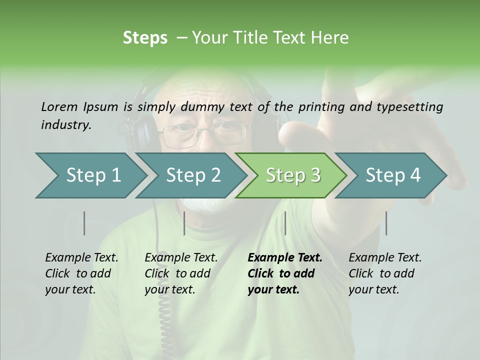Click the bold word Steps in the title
145,38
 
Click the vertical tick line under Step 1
84,223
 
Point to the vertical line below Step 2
184,223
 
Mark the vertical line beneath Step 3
285,223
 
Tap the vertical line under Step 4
386,223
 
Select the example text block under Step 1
81,273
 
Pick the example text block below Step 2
181,273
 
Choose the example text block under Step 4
385,273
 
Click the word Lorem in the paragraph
59,106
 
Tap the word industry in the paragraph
66,124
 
